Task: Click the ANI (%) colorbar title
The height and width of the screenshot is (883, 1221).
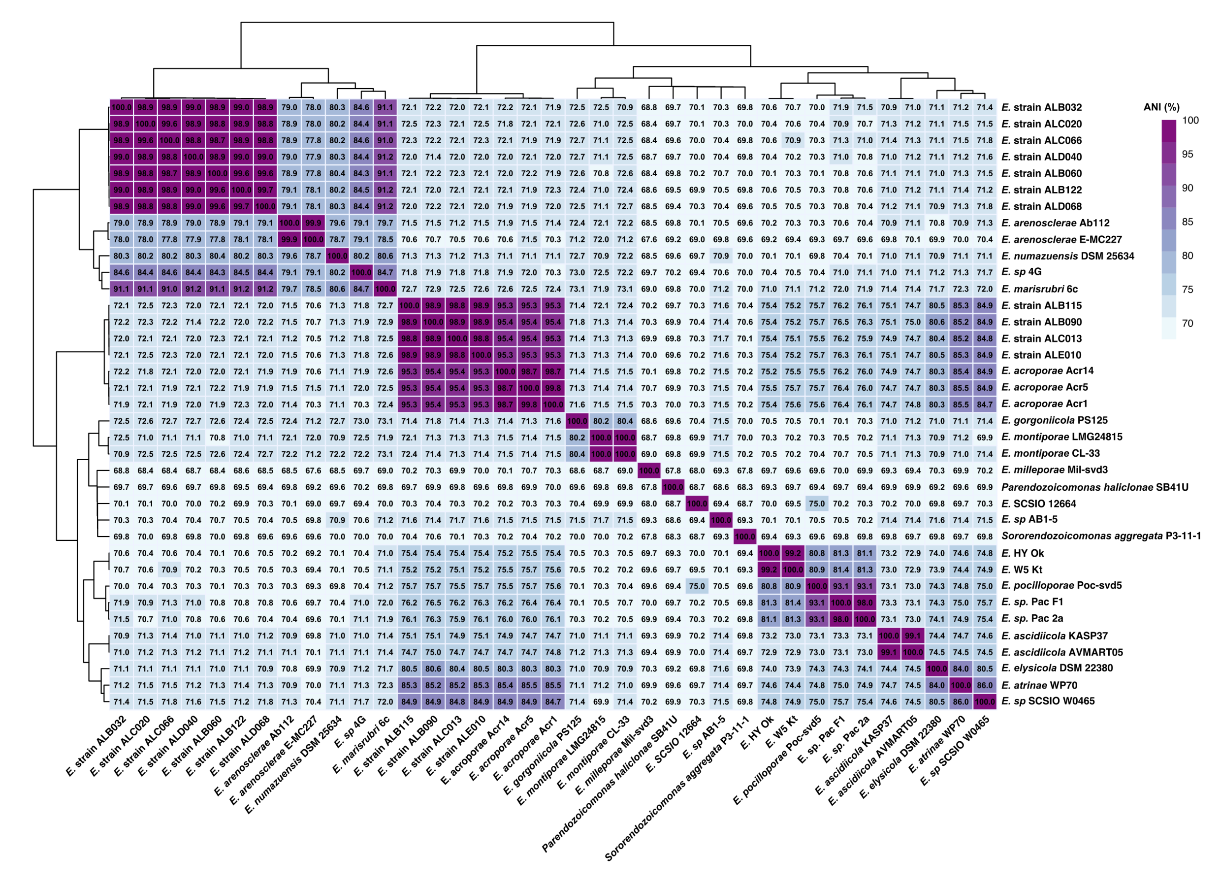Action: [x=1161, y=107]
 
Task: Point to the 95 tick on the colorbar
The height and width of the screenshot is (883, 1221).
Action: [x=1187, y=155]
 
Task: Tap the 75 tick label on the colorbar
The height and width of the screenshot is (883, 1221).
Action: [x=1187, y=289]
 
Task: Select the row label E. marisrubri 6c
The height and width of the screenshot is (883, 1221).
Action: [x=1039, y=289]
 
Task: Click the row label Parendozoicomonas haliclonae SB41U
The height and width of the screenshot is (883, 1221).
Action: [x=1094, y=487]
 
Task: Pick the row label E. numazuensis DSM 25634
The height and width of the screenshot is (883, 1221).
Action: [x=1067, y=256]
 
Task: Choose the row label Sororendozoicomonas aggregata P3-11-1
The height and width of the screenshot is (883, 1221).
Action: [x=1101, y=536]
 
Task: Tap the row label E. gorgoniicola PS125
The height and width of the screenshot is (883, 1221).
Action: [x=1054, y=420]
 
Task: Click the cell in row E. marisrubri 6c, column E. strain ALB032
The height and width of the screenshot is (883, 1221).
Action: [x=121, y=289]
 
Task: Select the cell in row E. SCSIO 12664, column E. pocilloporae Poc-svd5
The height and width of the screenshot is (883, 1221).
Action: [x=817, y=504]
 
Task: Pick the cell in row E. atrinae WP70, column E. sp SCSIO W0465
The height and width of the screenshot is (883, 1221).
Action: [x=985, y=685]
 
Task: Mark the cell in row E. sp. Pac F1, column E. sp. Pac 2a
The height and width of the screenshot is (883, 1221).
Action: [x=865, y=602]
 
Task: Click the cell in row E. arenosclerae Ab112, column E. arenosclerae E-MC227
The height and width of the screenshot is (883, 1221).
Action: [x=313, y=223]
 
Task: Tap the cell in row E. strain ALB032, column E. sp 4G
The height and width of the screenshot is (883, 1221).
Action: [x=361, y=107]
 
